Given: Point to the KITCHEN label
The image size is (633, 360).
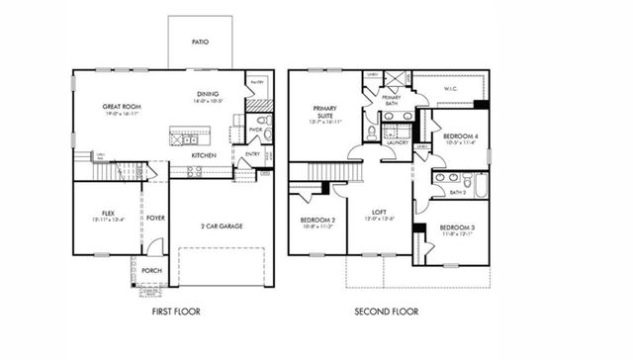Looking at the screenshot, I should pyautogui.click(x=204, y=155).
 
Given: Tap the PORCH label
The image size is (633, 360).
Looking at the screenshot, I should pyautogui.click(x=151, y=270).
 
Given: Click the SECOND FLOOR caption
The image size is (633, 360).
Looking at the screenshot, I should pyautogui.click(x=387, y=312).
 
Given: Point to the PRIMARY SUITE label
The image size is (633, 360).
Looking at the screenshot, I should pyautogui.click(x=324, y=112).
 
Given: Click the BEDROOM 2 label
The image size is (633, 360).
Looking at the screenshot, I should pyautogui.click(x=317, y=220).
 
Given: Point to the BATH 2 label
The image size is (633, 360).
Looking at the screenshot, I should pyautogui.click(x=457, y=193).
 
